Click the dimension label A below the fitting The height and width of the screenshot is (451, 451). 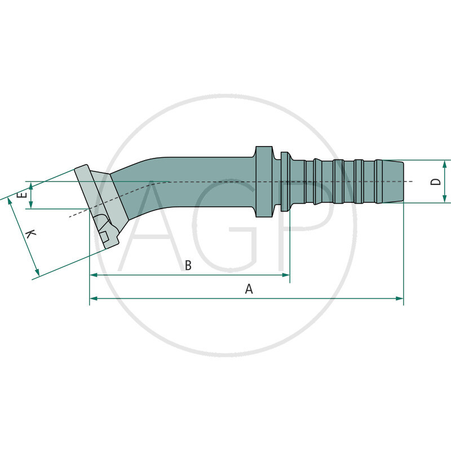249,289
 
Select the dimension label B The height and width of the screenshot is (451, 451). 188,266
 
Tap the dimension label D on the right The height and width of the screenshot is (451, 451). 435,182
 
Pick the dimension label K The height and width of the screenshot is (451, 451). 32,235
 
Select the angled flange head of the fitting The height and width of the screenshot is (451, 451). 99,206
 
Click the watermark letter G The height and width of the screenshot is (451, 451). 225,225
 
